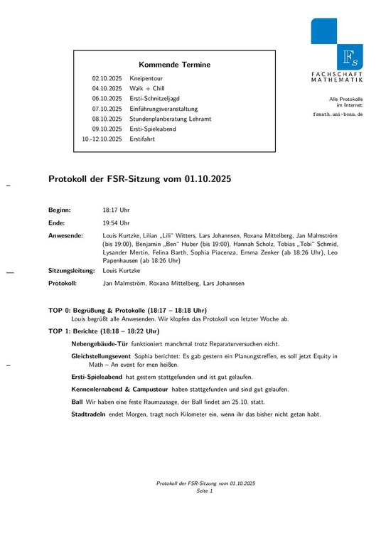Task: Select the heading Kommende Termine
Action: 174,65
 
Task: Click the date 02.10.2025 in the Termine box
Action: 107,77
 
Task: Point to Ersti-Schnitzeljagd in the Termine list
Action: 157,98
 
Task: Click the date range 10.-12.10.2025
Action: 102,139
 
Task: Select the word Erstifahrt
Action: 142,139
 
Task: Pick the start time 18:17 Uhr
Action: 116,210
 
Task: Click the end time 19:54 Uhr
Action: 116,223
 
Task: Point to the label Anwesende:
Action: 65,235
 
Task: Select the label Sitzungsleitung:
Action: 71,271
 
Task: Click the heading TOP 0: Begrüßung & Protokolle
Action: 127,311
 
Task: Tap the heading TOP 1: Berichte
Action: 104,331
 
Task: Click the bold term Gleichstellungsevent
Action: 101,355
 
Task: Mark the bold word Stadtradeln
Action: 88,414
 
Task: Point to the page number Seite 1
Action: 205,491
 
